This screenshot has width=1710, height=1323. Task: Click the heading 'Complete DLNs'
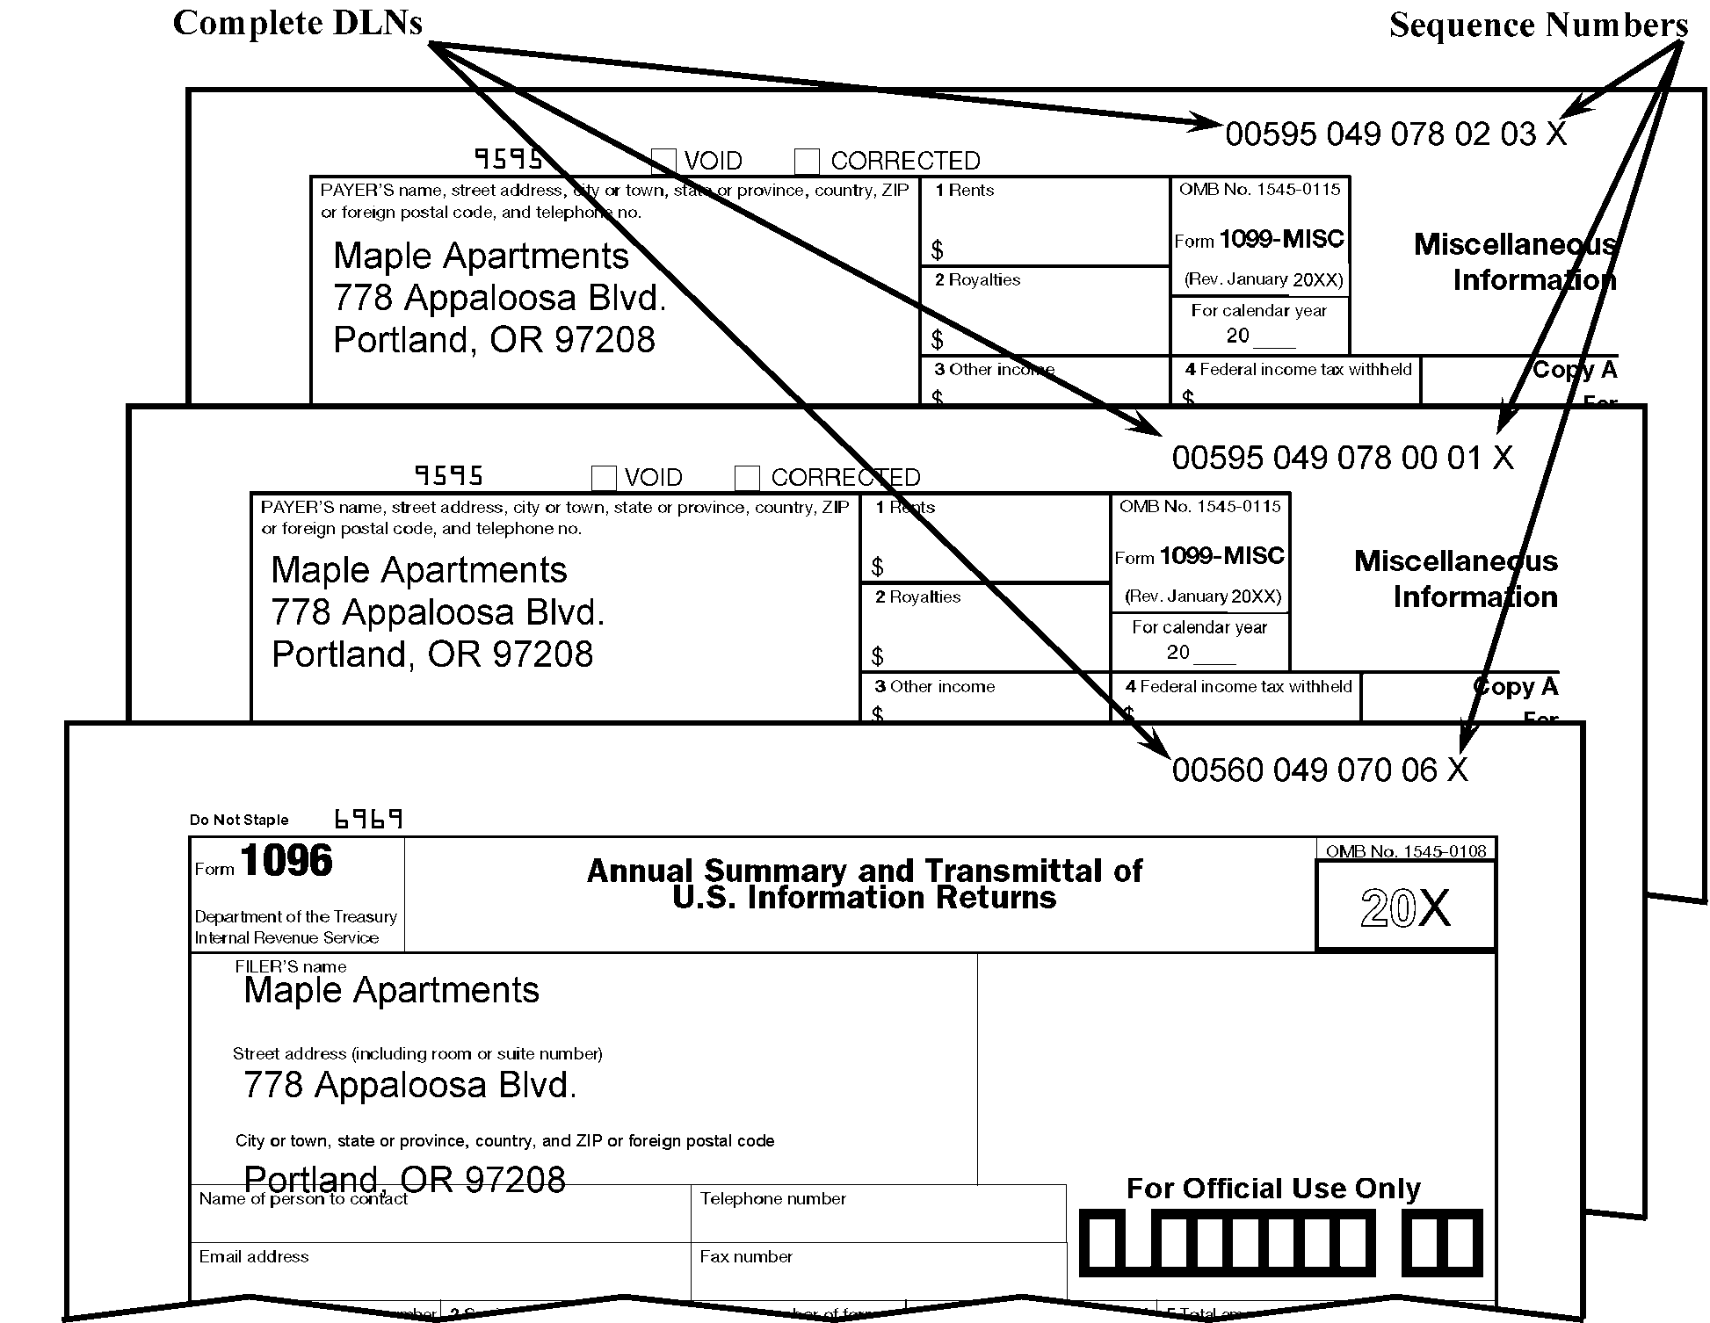(298, 23)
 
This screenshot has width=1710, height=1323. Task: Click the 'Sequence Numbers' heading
(1538, 25)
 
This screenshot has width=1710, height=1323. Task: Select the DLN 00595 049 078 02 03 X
(1395, 134)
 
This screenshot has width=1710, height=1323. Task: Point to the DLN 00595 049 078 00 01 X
(1342, 458)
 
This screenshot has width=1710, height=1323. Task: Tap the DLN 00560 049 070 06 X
(1320, 770)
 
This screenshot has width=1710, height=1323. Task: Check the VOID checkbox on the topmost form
(663, 161)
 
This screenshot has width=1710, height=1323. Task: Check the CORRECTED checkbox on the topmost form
(807, 161)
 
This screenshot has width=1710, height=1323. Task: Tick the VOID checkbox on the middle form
(604, 477)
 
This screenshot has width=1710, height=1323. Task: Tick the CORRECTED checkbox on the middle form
(747, 477)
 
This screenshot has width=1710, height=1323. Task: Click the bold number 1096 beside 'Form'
(286, 861)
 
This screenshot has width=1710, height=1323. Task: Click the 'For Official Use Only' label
(1273, 1189)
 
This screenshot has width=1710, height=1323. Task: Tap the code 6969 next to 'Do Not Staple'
(369, 820)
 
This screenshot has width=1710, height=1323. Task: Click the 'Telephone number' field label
(772, 1199)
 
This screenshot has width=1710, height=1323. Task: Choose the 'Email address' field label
(254, 1257)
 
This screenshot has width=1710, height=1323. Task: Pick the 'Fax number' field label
(746, 1257)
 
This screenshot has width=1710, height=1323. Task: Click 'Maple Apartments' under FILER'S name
(391, 991)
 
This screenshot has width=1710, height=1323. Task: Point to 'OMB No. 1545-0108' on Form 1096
(1406, 851)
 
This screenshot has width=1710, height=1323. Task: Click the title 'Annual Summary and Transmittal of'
(864, 871)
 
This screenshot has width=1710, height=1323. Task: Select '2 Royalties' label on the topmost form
(977, 280)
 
